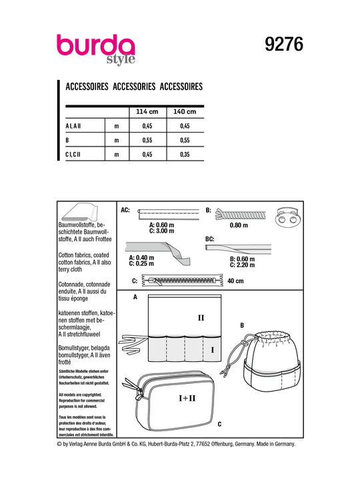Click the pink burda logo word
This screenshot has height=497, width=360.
[x=96, y=45]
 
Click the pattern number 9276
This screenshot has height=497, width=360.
[x=284, y=44]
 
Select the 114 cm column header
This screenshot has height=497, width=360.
[x=147, y=111]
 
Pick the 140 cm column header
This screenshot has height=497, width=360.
[x=185, y=111]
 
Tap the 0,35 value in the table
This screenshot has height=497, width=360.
[x=185, y=155]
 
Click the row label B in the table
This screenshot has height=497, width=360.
[x=67, y=140]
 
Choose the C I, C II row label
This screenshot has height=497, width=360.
[x=73, y=155]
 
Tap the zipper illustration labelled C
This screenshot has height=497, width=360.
[x=182, y=280]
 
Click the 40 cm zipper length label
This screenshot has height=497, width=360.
[x=235, y=281]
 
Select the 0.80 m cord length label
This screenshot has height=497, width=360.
[x=239, y=225]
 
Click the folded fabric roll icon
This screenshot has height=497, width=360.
[x=79, y=213]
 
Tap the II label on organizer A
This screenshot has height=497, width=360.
[x=201, y=318]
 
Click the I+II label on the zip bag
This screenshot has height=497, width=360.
[x=187, y=398]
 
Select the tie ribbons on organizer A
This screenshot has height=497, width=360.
[x=133, y=343]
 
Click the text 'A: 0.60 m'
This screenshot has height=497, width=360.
[x=162, y=225]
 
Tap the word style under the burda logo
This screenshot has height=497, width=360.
[x=121, y=59]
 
